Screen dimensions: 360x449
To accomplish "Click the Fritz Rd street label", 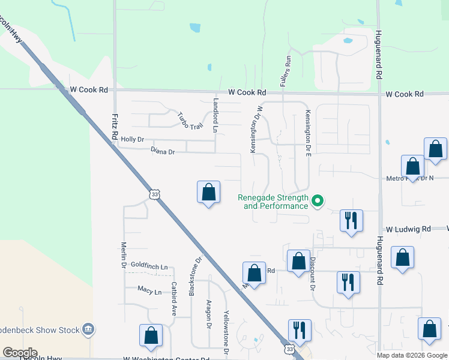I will [x=113, y=127].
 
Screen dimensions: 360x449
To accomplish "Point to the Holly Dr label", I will [x=133, y=139].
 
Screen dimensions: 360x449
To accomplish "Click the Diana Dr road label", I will [x=163, y=152].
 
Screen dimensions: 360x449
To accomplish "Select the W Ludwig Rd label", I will [x=408, y=229].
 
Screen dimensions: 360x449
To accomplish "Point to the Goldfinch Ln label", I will [x=149, y=265].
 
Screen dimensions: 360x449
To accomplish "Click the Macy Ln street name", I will [x=149, y=292].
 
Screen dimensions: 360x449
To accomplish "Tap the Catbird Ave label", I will [x=173, y=299].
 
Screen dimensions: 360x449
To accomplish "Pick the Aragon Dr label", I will [x=209, y=314].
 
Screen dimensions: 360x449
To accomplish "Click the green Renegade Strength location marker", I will [x=319, y=201].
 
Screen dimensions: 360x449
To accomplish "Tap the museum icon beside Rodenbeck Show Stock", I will [x=88, y=329].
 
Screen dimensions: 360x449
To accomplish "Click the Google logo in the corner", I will [x=20, y=353].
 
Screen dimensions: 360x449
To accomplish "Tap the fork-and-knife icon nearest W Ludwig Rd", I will [x=351, y=220].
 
